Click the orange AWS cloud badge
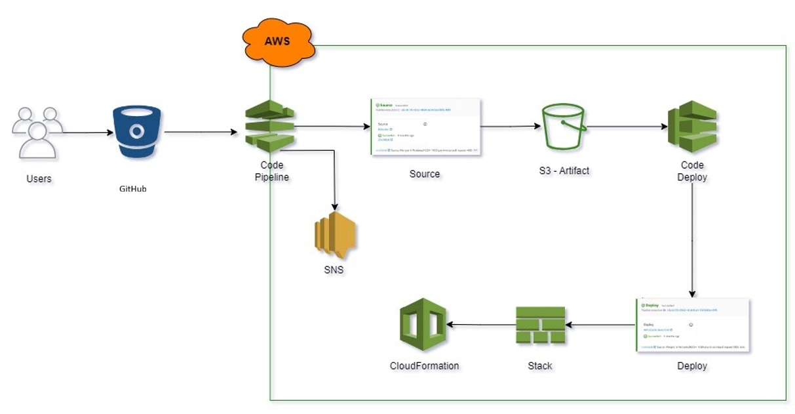279,41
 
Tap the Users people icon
37,132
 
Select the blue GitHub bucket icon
136,132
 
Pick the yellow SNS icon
335,237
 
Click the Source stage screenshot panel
425,127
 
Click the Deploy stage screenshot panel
692,325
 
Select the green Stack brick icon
540,325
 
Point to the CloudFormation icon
423,325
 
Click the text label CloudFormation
424,366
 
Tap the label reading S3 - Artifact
560,171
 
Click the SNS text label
334,270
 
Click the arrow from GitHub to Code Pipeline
200,133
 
